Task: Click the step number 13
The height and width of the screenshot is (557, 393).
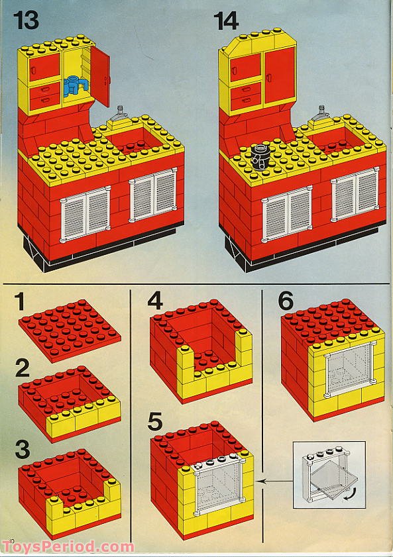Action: point(26,21)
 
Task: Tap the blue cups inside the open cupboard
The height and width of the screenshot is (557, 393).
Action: point(76,85)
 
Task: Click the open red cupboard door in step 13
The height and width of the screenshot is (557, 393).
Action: point(100,75)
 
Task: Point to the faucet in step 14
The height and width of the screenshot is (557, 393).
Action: point(321,113)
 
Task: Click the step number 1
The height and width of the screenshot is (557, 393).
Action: point(20,301)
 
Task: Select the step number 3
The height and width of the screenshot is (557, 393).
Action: point(23,449)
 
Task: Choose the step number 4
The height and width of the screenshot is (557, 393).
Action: point(155,301)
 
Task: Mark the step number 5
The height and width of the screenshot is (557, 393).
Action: point(155,421)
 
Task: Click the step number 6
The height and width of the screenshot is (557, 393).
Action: point(286,301)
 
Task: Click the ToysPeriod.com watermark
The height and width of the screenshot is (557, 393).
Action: point(68,546)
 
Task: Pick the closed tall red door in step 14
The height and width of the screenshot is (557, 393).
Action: point(278,76)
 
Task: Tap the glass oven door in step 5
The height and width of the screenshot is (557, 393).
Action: point(219,485)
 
